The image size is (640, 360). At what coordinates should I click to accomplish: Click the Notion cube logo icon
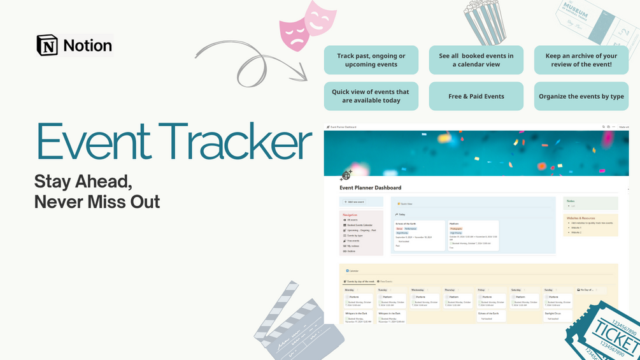pos(47,46)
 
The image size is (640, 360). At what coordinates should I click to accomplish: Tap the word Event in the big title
pos(90,141)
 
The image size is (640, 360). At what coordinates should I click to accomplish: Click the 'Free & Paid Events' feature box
pos(476,96)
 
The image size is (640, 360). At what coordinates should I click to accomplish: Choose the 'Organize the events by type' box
pos(581,96)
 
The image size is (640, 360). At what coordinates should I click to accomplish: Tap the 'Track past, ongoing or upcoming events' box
pos(371,60)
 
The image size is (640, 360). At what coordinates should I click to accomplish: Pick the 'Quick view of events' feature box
pos(371,96)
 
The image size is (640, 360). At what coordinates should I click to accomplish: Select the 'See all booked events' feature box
pos(476,60)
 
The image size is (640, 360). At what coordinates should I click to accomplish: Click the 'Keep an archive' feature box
pos(581,60)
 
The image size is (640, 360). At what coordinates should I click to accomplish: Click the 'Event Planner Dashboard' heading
pos(371,188)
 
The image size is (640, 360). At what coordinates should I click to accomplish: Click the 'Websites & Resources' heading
pos(581,218)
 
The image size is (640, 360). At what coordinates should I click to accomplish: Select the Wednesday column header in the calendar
pos(418,289)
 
